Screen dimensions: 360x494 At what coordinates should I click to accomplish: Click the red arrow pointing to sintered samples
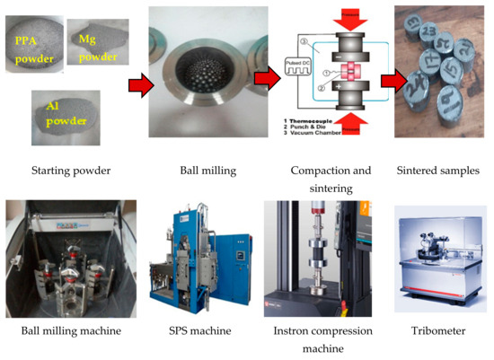[393, 83]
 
